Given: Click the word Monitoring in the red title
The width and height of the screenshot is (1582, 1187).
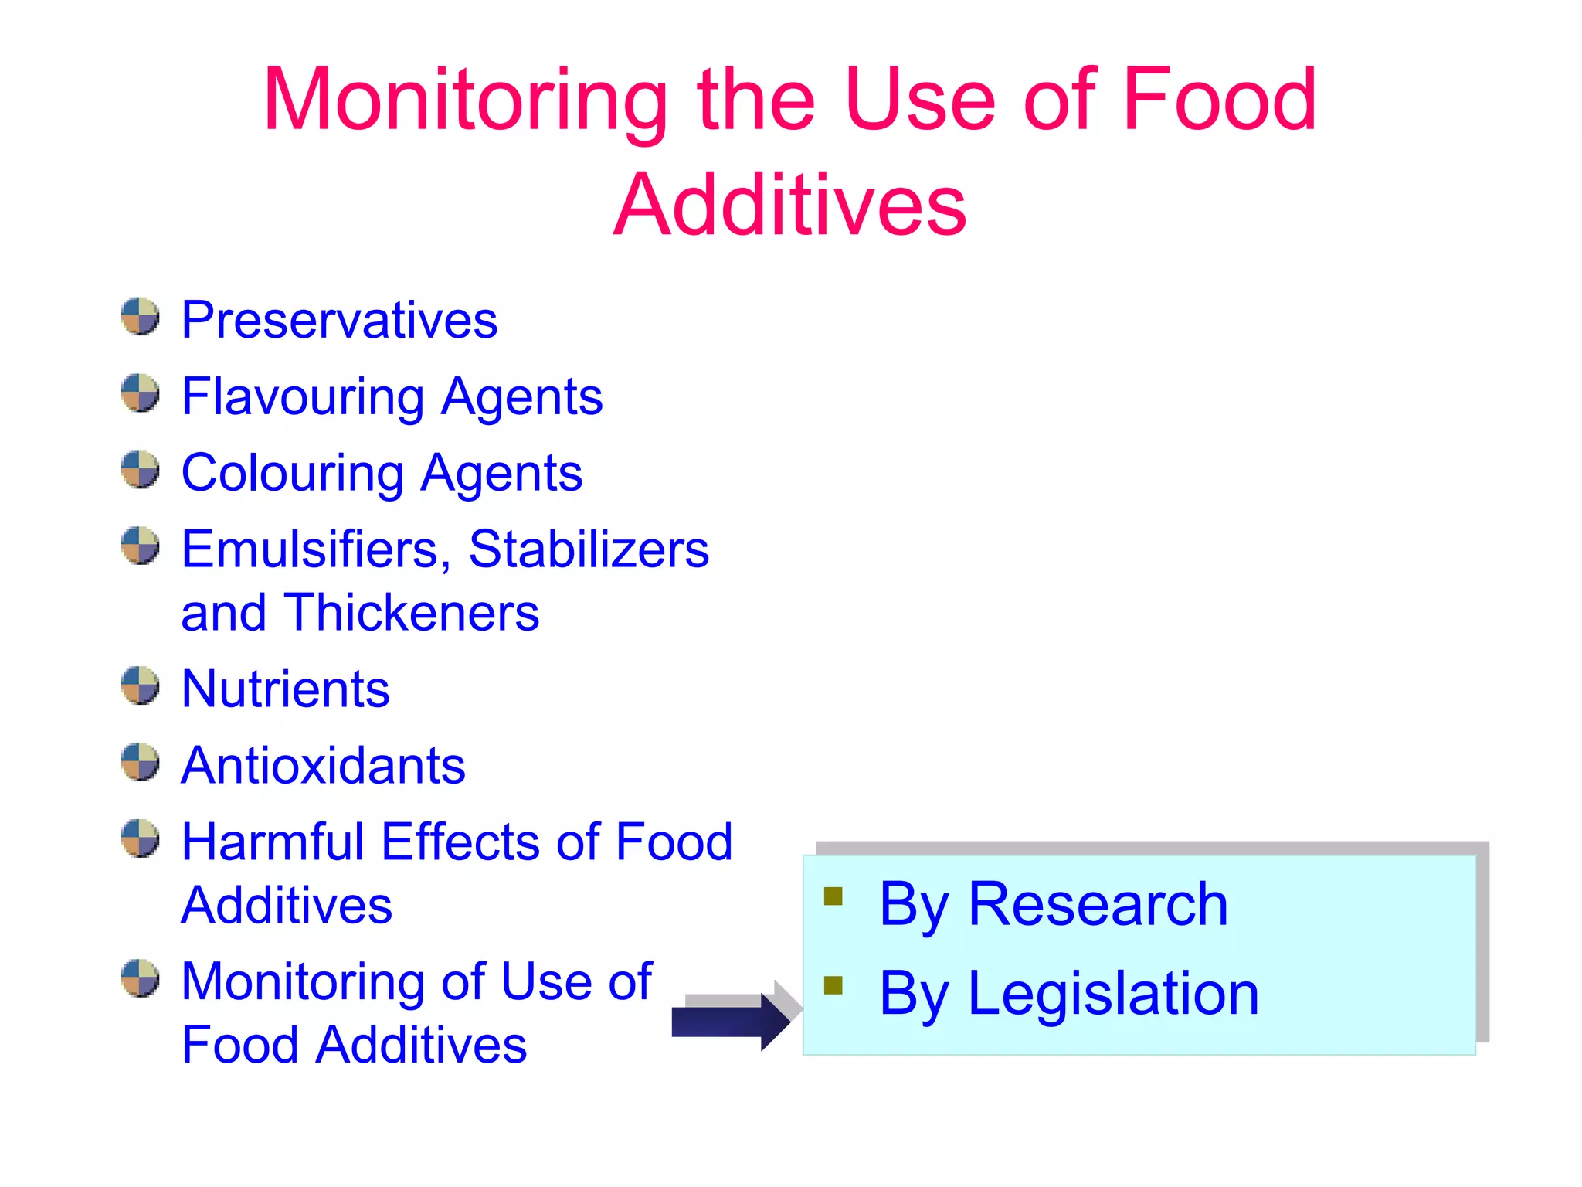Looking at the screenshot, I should [465, 100].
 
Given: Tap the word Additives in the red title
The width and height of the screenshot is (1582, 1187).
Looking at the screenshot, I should [789, 205].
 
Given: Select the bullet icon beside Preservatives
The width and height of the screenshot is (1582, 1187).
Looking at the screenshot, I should [140, 317].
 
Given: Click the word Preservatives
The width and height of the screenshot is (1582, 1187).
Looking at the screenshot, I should [339, 320].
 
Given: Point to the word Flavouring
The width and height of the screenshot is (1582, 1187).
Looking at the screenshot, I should [302, 397].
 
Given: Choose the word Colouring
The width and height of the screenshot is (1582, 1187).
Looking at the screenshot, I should [292, 473].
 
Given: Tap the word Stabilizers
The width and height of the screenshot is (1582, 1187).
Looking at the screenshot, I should [589, 549].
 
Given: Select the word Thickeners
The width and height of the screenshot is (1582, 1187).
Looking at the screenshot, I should [411, 613].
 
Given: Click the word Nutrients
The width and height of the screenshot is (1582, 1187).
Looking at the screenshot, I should [285, 689].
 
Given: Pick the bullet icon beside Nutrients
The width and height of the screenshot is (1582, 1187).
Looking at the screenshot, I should [140, 685].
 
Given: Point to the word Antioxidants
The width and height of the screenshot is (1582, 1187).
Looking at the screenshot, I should [323, 765].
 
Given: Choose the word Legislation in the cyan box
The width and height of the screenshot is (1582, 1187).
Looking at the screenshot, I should [1113, 994].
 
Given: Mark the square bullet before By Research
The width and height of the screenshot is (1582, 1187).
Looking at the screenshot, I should [833, 896].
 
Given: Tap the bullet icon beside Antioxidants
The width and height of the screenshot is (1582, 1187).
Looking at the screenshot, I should [140, 762].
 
